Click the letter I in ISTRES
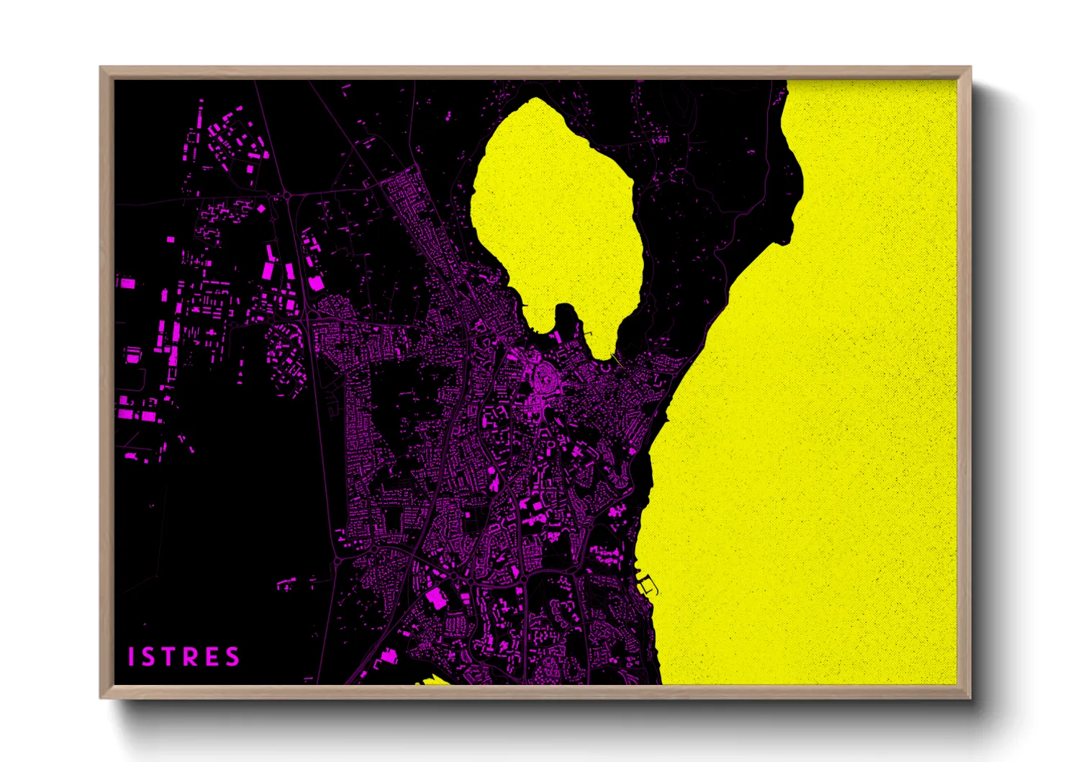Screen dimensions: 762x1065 coord(132,657)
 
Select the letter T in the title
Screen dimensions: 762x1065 coord(168,657)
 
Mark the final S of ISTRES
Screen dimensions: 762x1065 coord(232,657)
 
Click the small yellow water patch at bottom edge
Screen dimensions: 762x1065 coord(432,679)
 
